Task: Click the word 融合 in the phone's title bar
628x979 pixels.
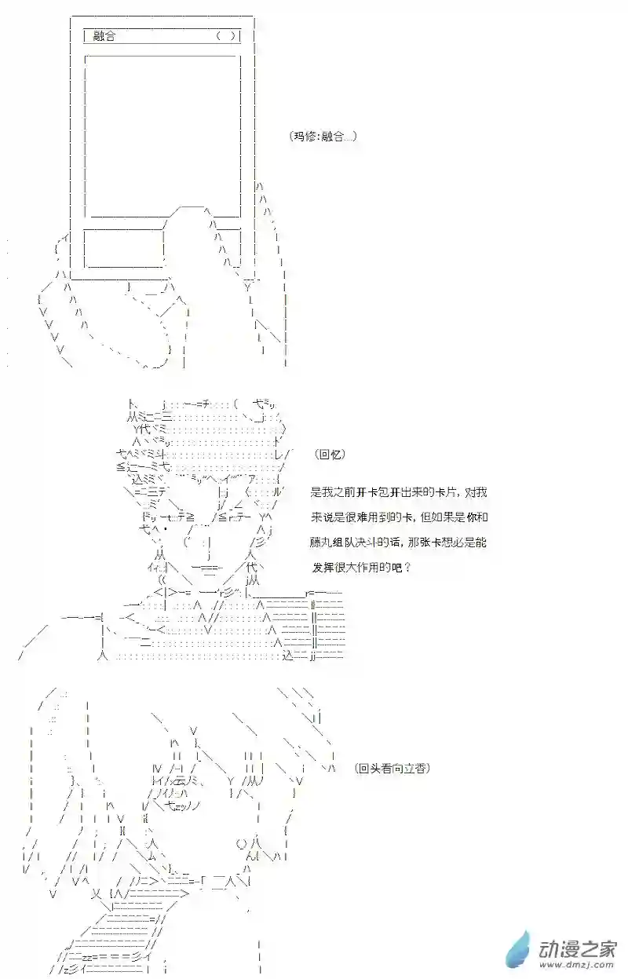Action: coord(104,36)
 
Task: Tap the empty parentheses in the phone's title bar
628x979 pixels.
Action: coord(225,36)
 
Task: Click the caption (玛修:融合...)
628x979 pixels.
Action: coord(323,136)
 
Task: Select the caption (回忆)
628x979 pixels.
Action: coord(329,455)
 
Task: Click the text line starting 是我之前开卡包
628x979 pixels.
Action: coord(398,492)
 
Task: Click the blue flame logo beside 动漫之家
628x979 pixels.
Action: coord(519,948)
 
